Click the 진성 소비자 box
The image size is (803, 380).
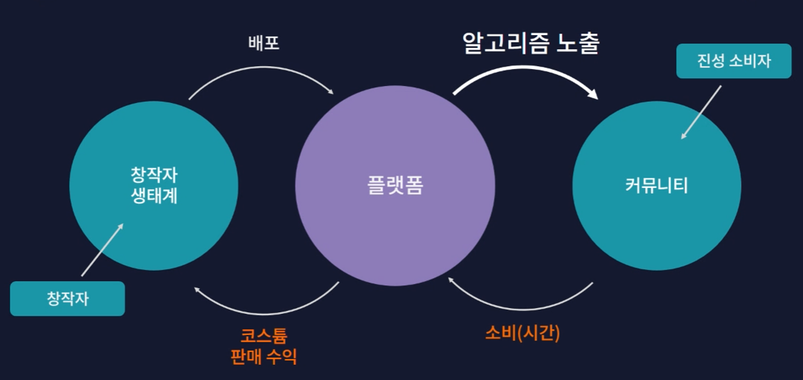click(x=733, y=61)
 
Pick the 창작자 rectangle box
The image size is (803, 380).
click(x=67, y=299)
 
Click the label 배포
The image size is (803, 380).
click(x=264, y=44)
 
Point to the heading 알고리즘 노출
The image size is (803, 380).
click(x=530, y=43)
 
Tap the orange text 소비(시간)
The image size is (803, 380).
click(x=522, y=333)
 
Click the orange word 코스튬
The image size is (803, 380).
click(x=264, y=336)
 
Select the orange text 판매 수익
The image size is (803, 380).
click(x=264, y=356)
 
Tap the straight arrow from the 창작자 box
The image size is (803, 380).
click(x=102, y=250)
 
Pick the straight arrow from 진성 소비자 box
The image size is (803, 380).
click(x=701, y=112)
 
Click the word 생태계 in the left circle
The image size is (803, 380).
click(x=154, y=196)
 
